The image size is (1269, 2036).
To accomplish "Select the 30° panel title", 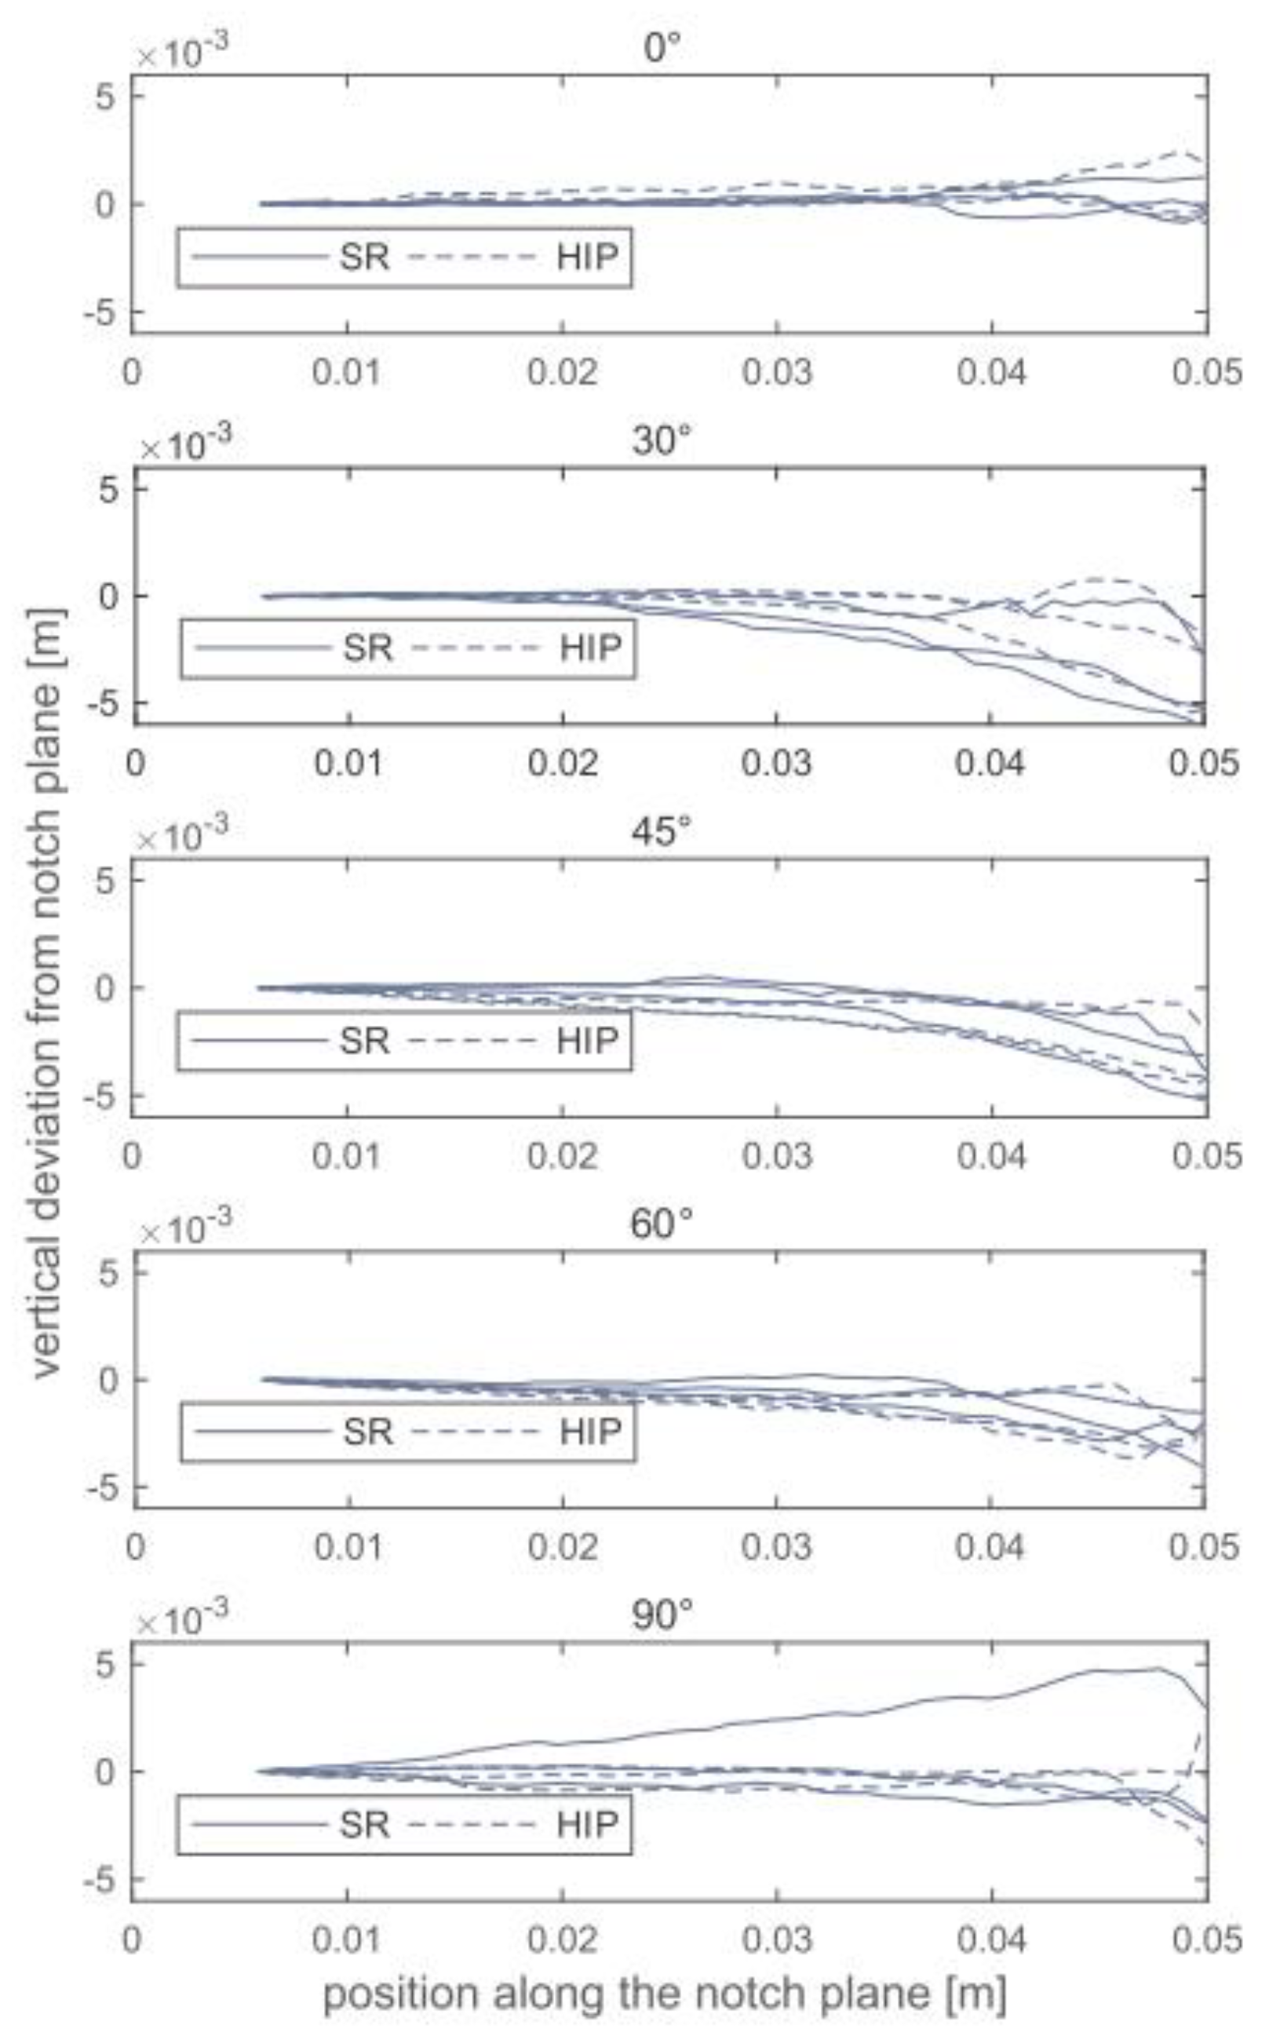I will point(662,440).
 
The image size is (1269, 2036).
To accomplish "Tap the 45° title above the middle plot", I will point(662,832).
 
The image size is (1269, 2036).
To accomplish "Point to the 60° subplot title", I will point(662,1224).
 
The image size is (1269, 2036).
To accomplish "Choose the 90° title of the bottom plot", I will point(662,1615).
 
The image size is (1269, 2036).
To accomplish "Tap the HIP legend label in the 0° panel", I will point(588,257).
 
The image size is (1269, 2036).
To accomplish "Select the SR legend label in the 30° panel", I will point(367,648).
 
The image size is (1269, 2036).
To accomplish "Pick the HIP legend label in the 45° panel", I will point(588,1041).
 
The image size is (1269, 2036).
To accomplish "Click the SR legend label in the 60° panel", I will point(367,1432).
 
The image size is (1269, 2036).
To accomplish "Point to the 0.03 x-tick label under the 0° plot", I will point(777,372).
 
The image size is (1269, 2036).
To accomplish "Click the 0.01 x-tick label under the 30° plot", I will point(349,763).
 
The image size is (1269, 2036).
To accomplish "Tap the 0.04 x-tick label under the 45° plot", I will point(992,1155).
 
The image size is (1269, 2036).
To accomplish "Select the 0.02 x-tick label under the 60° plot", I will point(563,1547).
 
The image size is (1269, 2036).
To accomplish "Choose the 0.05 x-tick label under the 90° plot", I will point(1206,1939).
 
